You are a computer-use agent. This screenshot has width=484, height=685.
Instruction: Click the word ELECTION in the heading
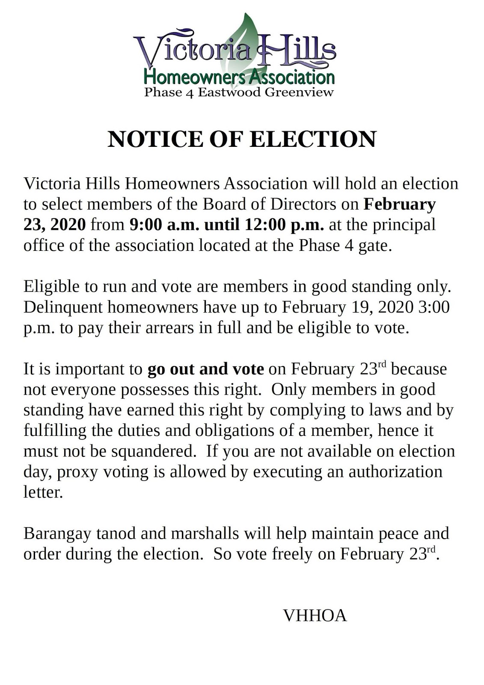(312, 139)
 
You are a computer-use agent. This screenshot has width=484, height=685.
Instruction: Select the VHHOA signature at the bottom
(315, 615)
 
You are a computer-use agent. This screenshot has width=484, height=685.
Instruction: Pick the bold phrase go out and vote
(205, 369)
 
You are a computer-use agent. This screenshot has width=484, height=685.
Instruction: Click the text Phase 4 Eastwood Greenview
(239, 92)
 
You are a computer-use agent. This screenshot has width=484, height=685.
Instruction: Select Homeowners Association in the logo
(239, 77)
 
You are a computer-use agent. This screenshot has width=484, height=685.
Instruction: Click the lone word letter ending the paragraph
(43, 492)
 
